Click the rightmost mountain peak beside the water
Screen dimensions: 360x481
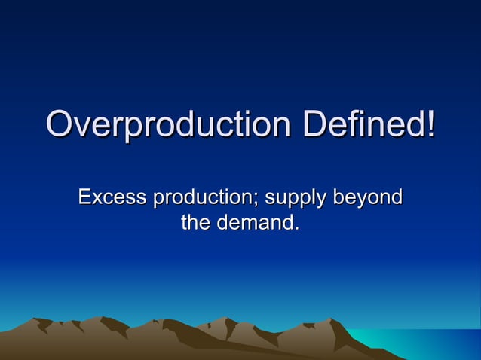pos(332,322)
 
